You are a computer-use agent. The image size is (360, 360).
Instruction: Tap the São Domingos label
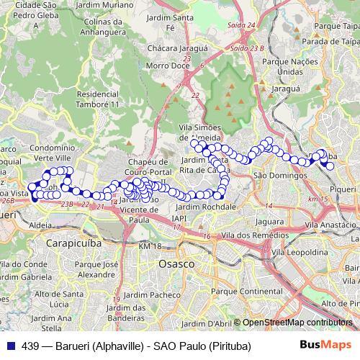click(x=271, y=175)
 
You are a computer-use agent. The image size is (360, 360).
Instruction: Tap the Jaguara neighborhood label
click(x=269, y=221)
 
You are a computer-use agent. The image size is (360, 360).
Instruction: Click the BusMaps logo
click(x=325, y=346)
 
